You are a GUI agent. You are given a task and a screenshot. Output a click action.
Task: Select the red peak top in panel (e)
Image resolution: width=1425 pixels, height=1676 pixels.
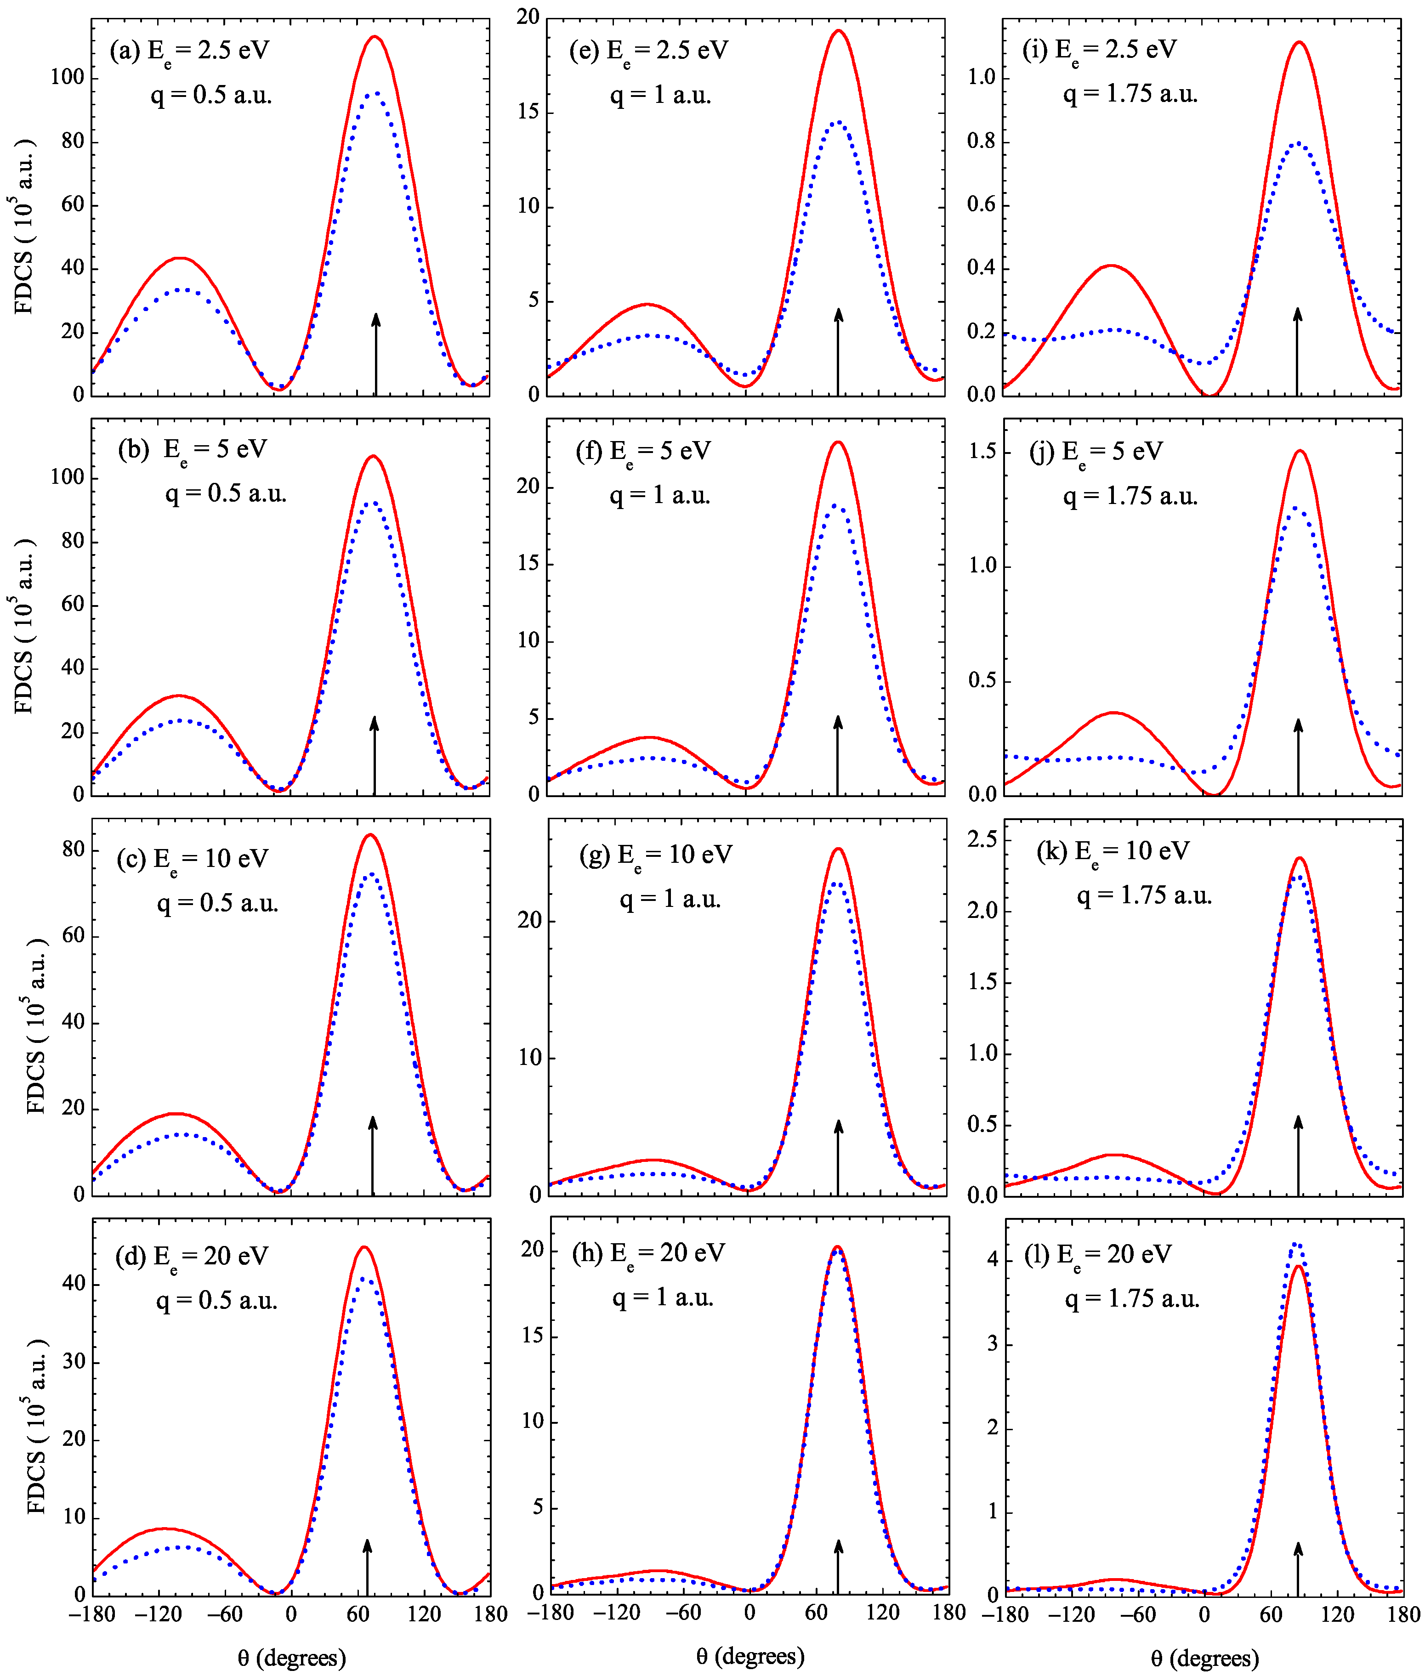(x=839, y=32)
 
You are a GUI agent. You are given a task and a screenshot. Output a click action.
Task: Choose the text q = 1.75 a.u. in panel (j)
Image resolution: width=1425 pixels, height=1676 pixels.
(x=1130, y=496)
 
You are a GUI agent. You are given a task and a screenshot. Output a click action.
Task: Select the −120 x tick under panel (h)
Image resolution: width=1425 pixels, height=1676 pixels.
(x=616, y=1612)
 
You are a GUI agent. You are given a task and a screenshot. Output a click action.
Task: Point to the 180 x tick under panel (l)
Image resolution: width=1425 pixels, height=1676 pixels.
(x=1404, y=1614)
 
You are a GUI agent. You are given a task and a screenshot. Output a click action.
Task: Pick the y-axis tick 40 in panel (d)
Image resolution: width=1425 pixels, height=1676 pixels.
(x=74, y=1284)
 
